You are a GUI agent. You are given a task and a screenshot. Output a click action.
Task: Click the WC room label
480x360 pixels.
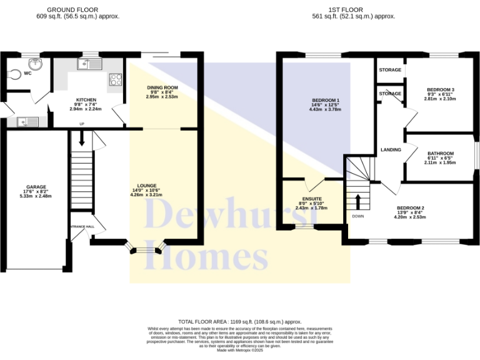27,74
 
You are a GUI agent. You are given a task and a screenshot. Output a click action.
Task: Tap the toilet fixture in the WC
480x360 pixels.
17,74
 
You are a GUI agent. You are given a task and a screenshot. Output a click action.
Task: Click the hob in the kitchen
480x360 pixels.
116,79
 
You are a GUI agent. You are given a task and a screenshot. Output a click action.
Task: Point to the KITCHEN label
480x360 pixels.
85,100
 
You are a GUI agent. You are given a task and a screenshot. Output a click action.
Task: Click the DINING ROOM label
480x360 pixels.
162,87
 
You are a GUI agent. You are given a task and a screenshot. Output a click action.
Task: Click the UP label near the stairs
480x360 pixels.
81,124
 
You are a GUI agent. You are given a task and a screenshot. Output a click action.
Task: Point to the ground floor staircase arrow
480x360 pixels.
81,141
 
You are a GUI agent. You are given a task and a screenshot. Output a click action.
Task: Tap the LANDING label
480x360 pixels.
391,149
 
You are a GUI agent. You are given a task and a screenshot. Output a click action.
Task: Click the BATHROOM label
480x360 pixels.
441,154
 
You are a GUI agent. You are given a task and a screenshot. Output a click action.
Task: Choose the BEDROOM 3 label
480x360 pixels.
440,90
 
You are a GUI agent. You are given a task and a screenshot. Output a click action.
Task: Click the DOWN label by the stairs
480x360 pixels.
358,216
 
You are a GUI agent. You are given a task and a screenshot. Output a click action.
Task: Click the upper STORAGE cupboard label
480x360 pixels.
390,70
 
